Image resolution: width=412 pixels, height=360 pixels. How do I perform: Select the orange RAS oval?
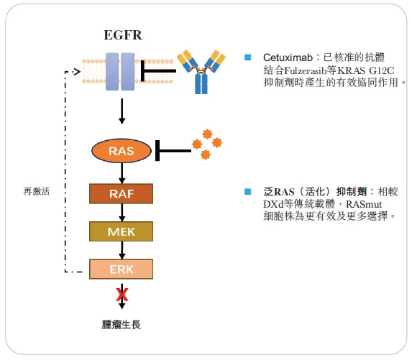pos(122,151)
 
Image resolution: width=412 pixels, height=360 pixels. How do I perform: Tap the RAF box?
pos(122,193)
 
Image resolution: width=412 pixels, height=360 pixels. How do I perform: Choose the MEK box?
pos(122,231)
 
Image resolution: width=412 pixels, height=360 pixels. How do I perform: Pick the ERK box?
pos(122,269)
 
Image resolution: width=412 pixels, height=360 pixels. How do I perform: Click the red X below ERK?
pos(122,294)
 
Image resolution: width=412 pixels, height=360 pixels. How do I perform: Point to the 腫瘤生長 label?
pos(122,324)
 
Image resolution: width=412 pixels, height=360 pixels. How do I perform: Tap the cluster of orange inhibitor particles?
pos(206,144)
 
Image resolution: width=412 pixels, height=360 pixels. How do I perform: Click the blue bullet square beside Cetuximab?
pos(248,57)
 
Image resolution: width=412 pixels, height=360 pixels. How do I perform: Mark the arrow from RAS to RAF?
pos(122,173)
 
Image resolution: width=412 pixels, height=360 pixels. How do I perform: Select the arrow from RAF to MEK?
pos(122,212)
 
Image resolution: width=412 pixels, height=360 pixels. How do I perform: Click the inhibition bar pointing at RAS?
pos(170,151)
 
